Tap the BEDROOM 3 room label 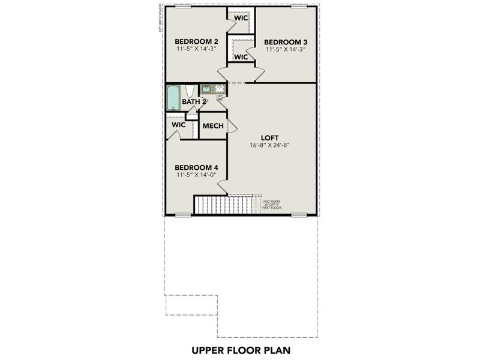(x=286, y=41)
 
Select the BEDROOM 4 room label (x=196, y=167)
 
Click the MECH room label (x=212, y=126)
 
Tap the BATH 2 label (x=194, y=102)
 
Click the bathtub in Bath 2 (x=173, y=98)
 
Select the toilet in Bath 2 (x=189, y=91)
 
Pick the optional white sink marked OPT (x=220, y=89)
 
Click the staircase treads (x=217, y=205)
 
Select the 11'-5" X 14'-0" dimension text (x=196, y=175)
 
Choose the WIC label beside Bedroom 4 (x=178, y=125)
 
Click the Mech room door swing (x=231, y=126)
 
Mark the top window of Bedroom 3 (x=298, y=6)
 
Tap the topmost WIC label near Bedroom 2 (x=241, y=18)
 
